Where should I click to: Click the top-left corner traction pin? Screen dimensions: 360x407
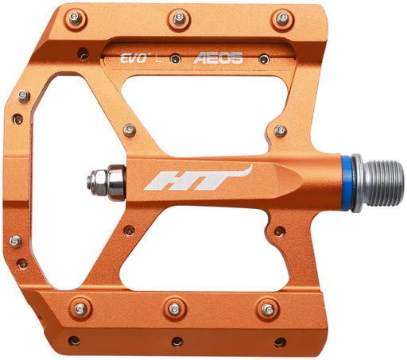point(76,17)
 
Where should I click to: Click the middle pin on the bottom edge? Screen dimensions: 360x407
point(175,308)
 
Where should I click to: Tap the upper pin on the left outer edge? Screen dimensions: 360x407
point(24,95)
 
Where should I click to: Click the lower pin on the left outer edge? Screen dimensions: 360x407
point(16,241)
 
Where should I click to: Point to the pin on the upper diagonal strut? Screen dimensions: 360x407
point(129,130)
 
